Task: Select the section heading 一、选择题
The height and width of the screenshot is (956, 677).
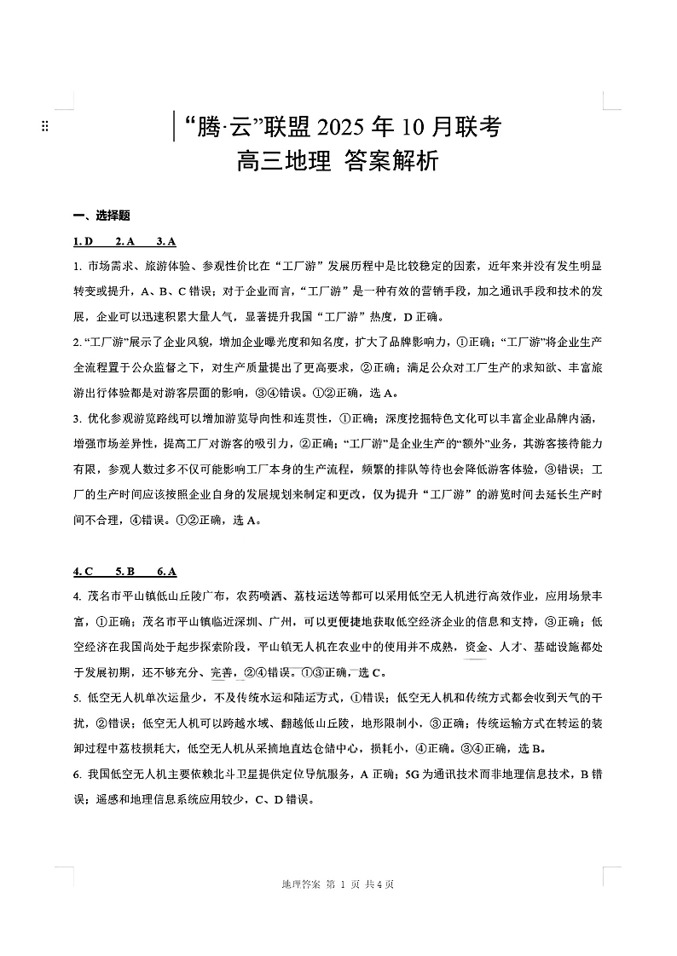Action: click(101, 216)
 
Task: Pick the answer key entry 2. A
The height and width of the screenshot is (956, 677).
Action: click(125, 241)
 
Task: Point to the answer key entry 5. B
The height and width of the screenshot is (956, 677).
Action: click(125, 572)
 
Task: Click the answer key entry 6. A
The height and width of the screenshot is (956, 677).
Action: click(167, 572)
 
